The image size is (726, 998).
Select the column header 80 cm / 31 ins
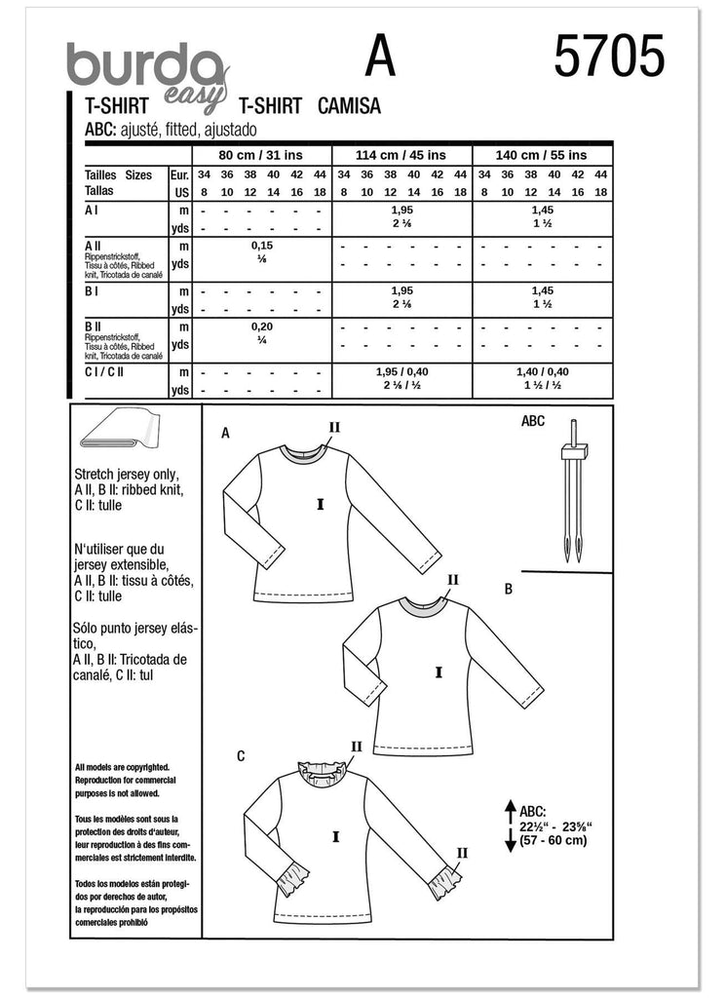tap(262, 156)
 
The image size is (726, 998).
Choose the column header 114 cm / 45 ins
tap(401, 156)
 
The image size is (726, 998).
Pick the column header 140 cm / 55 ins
tap(542, 156)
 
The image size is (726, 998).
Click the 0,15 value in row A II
tap(262, 248)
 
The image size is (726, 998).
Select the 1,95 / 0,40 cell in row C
tap(401, 372)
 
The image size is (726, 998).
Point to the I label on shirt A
tap(319, 504)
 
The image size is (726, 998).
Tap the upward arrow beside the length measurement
tap(509, 811)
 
